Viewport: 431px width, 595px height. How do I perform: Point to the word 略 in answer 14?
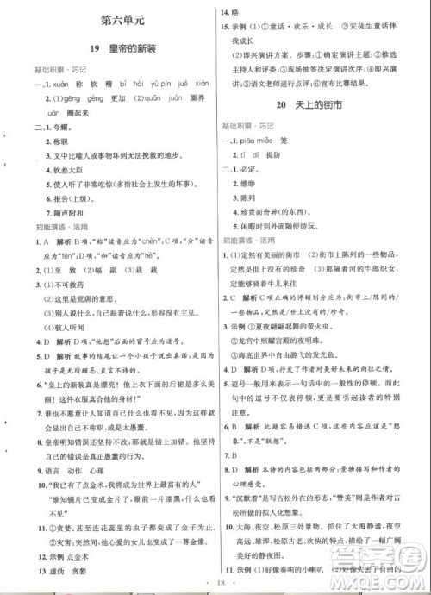pos(248,13)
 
